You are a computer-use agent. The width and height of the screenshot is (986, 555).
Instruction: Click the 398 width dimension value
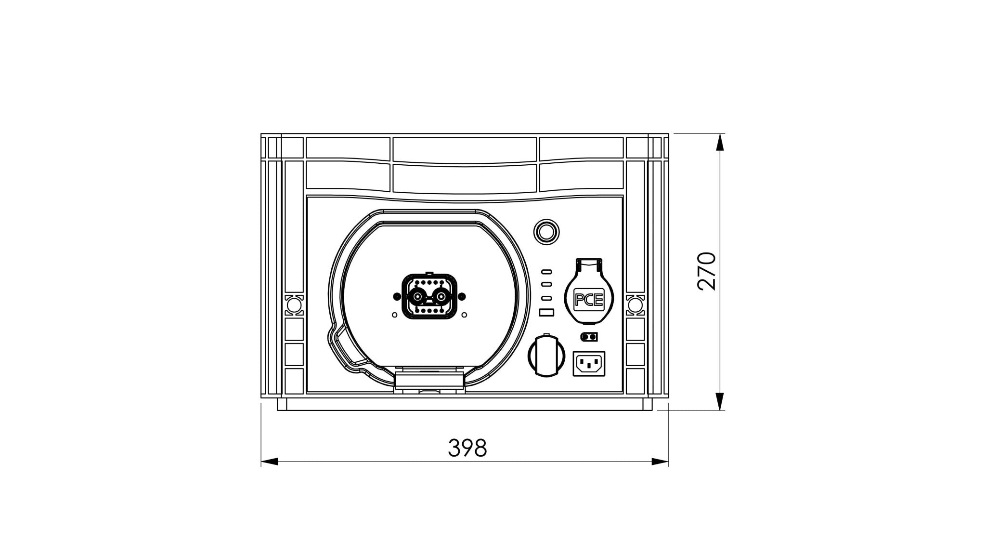467,448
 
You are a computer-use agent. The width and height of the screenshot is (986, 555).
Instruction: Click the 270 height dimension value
707,271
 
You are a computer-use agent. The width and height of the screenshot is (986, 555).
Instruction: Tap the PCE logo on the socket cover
589,301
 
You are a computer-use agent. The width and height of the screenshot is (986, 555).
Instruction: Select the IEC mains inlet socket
588,363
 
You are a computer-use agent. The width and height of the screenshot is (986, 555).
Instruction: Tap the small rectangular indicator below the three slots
547,313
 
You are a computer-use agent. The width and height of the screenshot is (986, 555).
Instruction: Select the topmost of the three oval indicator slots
546,271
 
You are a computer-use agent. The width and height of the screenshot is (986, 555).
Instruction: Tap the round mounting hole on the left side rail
293,305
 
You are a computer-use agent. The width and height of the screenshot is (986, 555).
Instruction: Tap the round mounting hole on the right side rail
635,305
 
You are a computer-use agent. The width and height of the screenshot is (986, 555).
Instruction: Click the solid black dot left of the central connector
396,296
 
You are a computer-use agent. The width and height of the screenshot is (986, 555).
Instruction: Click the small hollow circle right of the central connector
464,315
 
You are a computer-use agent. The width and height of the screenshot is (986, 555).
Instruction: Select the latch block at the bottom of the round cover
428,381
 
